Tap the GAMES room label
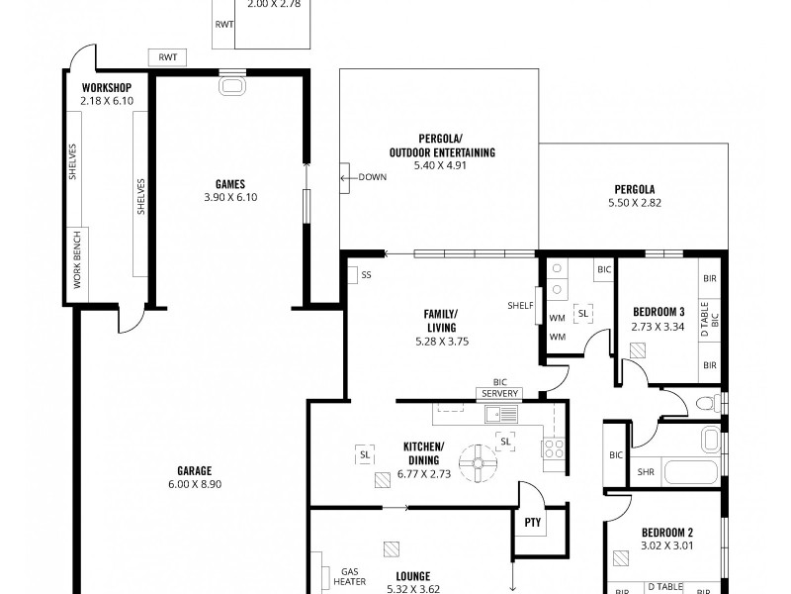point(229,183)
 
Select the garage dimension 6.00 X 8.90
point(196,484)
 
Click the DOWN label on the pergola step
point(372,178)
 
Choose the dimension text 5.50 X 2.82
point(634,203)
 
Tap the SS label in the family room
point(366,274)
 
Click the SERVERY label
point(500,393)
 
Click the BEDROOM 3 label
point(659,312)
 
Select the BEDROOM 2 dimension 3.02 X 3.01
point(667,544)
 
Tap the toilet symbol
point(706,403)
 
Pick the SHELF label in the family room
point(520,304)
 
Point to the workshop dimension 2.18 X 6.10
point(107,100)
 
